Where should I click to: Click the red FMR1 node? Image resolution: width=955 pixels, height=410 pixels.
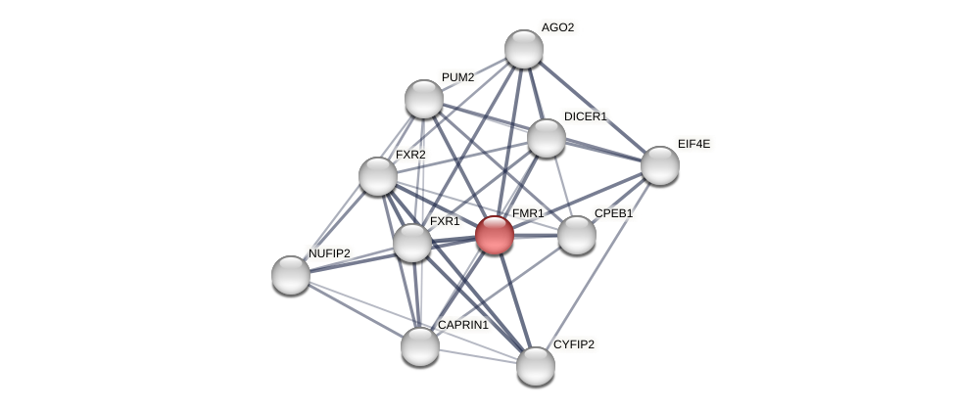click(495, 235)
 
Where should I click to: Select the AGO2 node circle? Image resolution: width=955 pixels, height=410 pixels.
click(524, 49)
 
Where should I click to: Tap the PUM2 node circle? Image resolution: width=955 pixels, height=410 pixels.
click(424, 98)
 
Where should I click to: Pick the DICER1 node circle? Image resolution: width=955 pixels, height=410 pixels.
click(547, 138)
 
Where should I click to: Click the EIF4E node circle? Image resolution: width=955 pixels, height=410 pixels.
click(660, 165)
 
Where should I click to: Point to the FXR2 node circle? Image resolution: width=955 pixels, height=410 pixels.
click(378, 176)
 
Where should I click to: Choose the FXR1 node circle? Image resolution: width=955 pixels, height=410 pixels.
click(412, 243)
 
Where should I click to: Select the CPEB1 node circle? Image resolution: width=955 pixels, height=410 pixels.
click(577, 235)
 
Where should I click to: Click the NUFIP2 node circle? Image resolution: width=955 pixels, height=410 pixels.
click(291, 275)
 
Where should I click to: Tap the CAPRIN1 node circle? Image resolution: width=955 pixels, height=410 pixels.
click(420, 346)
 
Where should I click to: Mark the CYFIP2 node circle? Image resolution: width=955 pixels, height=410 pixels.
click(536, 366)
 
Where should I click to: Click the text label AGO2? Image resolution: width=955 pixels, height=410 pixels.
click(557, 27)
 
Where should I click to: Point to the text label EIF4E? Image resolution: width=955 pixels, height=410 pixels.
click(693, 144)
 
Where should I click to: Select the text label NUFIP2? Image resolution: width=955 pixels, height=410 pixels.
click(329, 253)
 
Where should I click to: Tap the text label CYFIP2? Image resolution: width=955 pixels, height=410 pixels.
click(573, 344)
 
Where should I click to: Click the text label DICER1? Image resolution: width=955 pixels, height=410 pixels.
click(585, 116)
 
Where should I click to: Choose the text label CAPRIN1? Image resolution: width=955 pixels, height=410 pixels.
click(462, 325)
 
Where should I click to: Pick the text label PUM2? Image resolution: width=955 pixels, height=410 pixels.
click(457, 77)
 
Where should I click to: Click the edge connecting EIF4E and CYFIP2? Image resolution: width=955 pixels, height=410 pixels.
click(598, 265)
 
